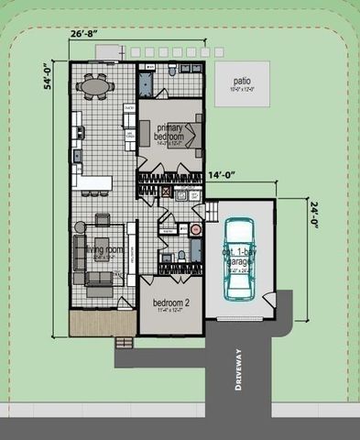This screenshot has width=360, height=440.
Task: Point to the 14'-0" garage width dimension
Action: coord(223,175)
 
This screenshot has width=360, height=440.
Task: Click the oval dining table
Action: coord(96,87)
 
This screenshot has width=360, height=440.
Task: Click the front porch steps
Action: coord(123,341)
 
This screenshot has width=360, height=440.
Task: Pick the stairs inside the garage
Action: coord(211,213)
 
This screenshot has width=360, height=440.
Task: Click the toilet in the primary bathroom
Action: coord(172,70)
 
